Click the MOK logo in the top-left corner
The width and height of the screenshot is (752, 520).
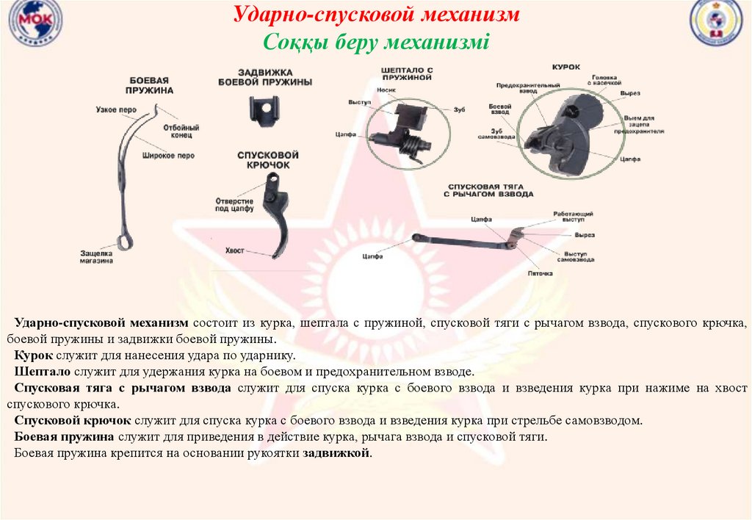point(35,23)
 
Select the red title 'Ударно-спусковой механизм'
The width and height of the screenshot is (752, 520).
point(377,14)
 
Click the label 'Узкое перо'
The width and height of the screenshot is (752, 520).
point(115,109)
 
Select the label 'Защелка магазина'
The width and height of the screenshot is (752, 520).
point(96,257)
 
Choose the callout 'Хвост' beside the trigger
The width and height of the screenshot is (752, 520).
point(235,250)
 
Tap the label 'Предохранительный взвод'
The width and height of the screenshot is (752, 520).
point(518,88)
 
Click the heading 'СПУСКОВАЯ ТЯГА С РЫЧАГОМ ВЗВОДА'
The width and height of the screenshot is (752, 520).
point(488,190)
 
